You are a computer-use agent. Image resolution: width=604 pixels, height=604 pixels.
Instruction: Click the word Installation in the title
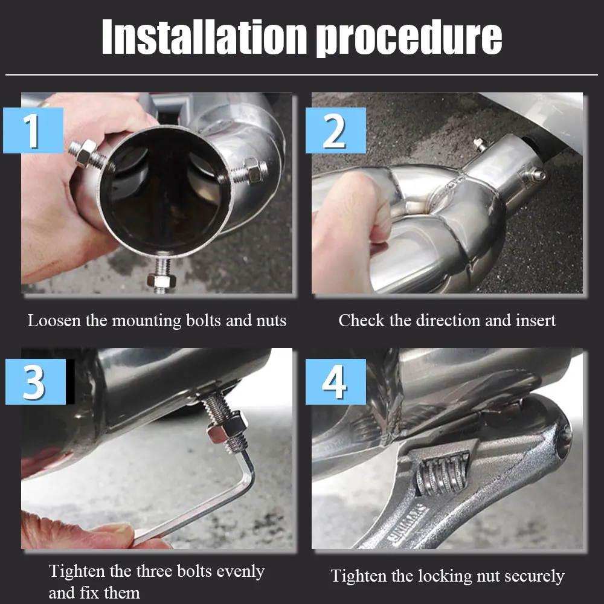pos(205,37)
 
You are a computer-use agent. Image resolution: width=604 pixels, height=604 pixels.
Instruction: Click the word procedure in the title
pos(409,39)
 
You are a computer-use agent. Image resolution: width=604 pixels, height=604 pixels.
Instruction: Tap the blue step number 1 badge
pos(33,130)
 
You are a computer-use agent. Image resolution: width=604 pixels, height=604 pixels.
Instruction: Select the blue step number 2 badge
pos(335,130)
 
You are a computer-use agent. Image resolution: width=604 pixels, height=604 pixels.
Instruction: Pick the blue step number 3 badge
pos(36,382)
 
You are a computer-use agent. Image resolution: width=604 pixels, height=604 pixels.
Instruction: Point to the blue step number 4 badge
pos(335,382)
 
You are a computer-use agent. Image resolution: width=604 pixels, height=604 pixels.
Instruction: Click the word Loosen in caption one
pos(54,321)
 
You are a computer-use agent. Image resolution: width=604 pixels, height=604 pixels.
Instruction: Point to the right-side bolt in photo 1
pos(249,172)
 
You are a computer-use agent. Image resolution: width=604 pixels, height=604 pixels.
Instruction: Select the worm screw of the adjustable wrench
pos(442,474)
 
